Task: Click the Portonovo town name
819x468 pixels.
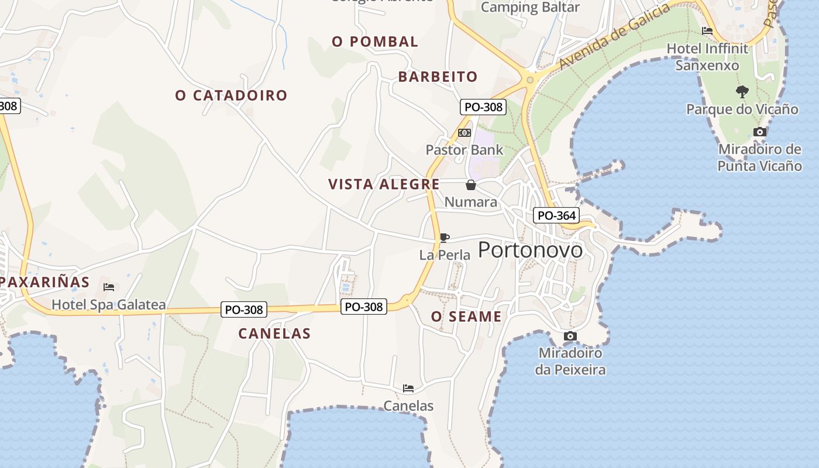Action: pos(531,250)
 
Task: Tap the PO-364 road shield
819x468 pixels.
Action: pos(556,215)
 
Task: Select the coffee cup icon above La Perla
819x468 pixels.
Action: pos(445,238)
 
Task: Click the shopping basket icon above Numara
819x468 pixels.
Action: pos(471,185)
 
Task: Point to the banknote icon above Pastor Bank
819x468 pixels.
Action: pos(464,133)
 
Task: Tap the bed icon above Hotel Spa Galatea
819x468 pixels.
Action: pos(109,287)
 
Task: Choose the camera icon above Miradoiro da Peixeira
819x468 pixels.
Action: pos(570,336)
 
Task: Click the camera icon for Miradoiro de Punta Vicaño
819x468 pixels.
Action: pos(760,132)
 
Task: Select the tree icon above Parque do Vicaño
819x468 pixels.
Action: pos(742,91)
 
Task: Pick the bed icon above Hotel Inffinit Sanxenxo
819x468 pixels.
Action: pos(707,31)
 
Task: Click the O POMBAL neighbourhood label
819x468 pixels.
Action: pos(375,42)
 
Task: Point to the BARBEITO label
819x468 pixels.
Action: pos(438,77)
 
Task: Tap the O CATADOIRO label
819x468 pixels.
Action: pos(232,95)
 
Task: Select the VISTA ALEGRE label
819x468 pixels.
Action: pos(384,184)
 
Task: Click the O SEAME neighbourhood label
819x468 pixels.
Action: pos(466,317)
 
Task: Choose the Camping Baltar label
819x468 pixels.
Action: pos(530,8)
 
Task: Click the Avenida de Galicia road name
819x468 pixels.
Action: pos(614,36)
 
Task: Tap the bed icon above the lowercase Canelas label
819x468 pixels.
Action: pos(408,388)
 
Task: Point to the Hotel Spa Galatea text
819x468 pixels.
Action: pos(109,305)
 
